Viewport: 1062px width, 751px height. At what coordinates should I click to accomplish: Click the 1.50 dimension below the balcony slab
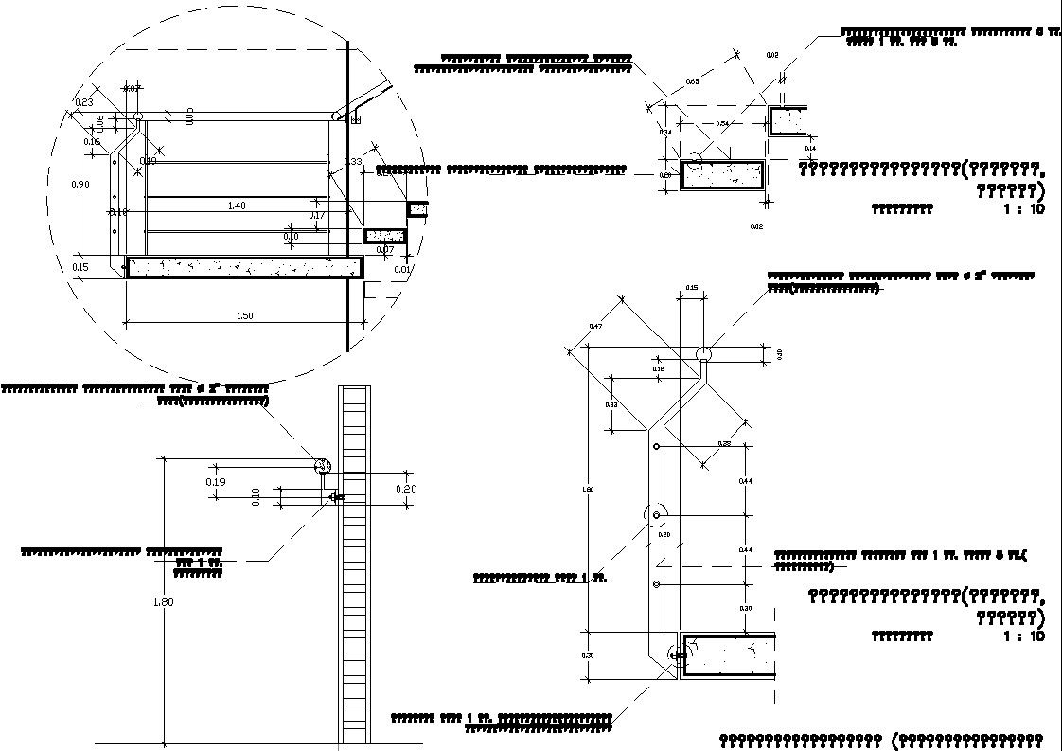[244, 316]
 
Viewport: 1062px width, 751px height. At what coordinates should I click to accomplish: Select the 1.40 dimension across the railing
[237, 206]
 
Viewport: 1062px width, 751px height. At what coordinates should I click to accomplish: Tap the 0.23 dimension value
[82, 102]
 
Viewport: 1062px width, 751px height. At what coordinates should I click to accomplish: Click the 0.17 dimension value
[318, 215]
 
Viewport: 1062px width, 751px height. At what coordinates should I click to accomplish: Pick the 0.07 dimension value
[385, 250]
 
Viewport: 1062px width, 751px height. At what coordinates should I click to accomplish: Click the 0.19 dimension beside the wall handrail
[216, 482]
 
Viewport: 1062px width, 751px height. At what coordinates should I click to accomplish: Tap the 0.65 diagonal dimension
[692, 82]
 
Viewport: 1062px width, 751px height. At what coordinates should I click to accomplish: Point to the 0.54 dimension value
[721, 124]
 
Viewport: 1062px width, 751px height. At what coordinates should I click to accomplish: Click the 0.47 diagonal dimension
[596, 327]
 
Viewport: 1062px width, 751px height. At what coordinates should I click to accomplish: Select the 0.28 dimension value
[724, 444]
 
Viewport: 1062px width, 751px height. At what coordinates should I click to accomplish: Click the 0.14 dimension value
[810, 149]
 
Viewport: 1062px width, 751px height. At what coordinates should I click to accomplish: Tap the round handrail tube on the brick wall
[322, 465]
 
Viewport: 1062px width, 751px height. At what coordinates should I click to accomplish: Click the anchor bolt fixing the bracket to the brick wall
[337, 497]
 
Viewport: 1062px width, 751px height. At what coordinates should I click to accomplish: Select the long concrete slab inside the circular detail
[244, 267]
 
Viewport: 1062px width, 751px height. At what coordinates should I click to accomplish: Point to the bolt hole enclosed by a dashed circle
[656, 515]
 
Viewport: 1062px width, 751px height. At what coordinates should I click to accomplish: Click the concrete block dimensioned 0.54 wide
[724, 175]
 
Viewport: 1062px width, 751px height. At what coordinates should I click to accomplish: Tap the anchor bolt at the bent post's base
[676, 653]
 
